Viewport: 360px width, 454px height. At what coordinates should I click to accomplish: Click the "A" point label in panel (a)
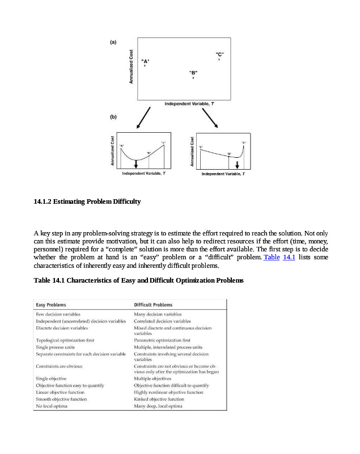pos(145,61)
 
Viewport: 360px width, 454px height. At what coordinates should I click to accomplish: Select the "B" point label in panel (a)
pos(193,73)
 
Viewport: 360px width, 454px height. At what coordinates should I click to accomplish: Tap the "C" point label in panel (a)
pos(219,54)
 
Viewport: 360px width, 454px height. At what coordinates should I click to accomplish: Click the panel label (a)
pos(113,42)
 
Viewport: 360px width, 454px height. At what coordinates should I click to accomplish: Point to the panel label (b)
pos(113,116)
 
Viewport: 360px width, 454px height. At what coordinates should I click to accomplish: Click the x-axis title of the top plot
pos(189,104)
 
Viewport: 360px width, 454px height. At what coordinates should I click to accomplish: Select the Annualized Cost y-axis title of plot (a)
pos(132,66)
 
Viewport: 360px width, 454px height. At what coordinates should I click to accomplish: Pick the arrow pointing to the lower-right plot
pos(210,119)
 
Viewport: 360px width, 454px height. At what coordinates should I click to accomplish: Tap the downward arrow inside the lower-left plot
pos(135,164)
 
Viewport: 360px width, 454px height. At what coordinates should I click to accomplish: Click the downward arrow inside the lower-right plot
pos(237,164)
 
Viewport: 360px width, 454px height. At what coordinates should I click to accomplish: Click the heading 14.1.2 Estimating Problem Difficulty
pos(87,201)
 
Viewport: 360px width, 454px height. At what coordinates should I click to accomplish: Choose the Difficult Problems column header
pos(153,305)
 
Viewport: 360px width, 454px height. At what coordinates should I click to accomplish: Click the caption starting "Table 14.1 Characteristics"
pos(139,280)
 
